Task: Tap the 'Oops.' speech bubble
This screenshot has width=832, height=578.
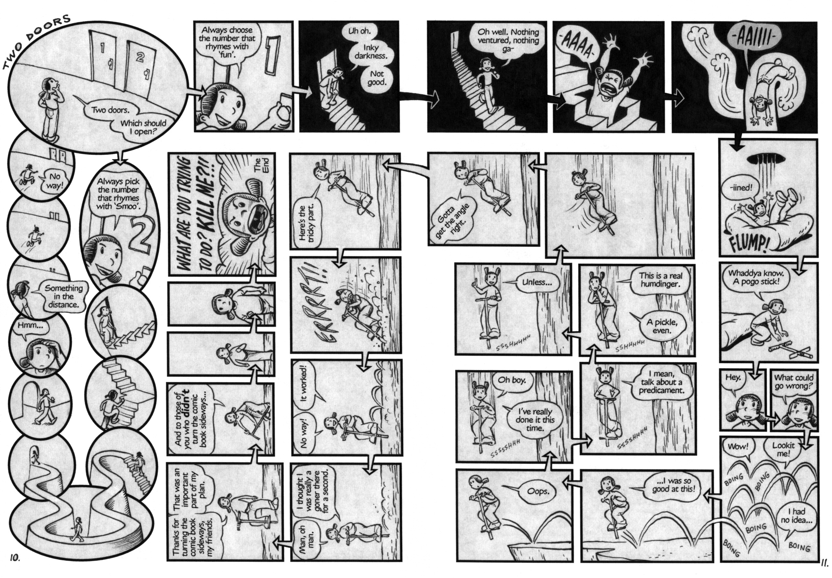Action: click(538, 492)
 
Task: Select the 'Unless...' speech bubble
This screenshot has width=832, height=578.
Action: click(537, 282)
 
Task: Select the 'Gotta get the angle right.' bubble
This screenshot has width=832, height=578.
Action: click(451, 220)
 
